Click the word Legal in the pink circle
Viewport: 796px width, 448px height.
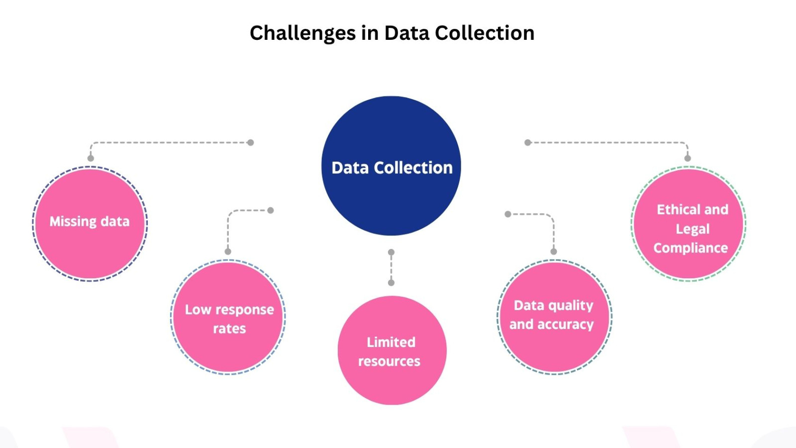pos(693,229)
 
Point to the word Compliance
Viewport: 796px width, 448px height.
pos(691,248)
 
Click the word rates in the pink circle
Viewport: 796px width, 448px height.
pos(229,329)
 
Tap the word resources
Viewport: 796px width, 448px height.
pos(389,361)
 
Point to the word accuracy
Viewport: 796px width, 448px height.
pos(566,325)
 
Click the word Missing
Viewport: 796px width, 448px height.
pos(73,222)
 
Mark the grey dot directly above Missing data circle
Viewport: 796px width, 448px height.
pos(91,158)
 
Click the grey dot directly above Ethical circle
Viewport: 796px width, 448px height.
pos(688,158)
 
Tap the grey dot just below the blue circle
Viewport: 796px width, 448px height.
pos(391,252)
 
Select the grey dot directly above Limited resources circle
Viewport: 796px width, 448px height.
pos(391,283)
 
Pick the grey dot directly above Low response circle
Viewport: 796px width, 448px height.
pos(228,251)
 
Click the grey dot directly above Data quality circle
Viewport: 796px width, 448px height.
pos(554,251)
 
